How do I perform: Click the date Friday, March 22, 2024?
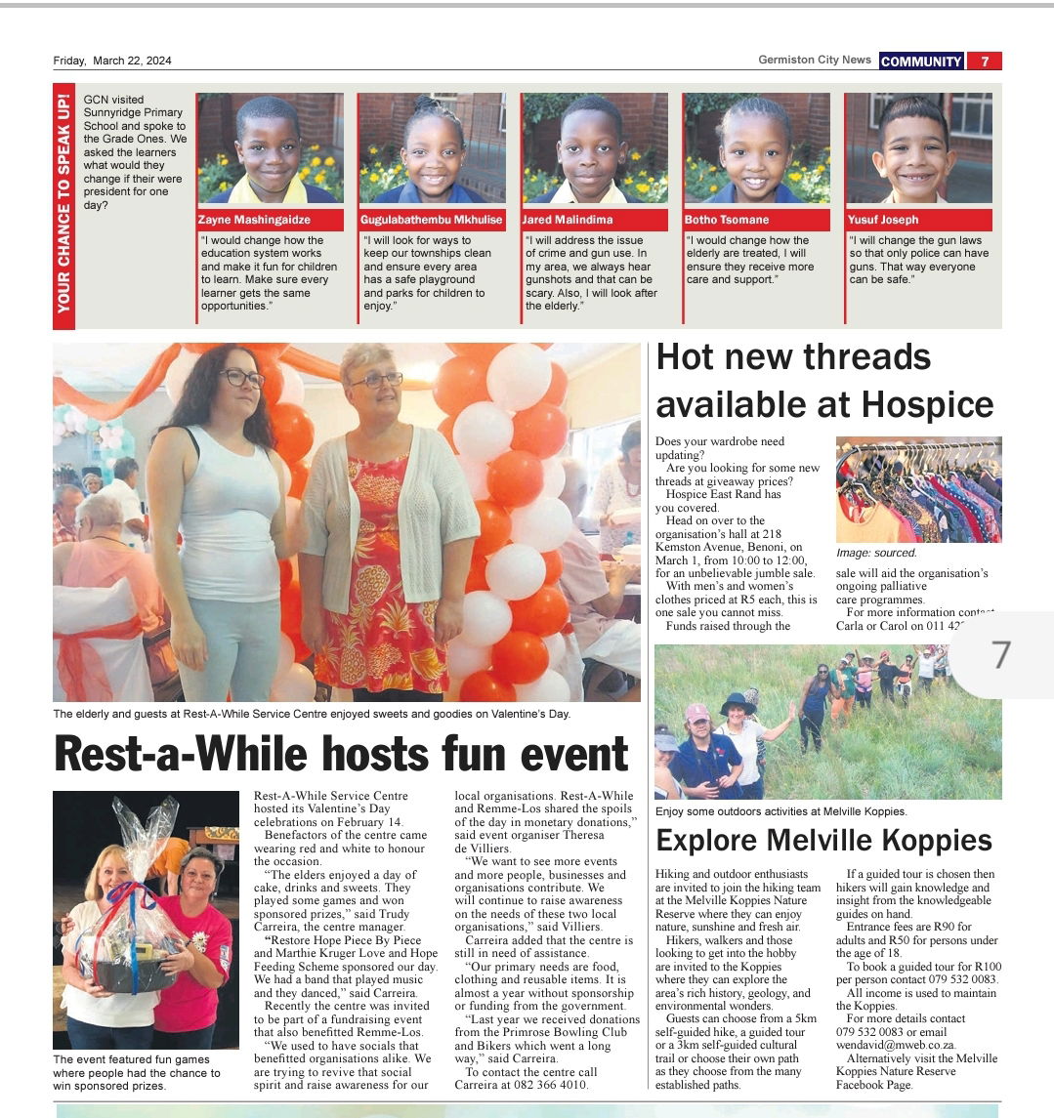pyautogui.click(x=112, y=61)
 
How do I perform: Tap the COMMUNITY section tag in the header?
pyautogui.click(x=921, y=61)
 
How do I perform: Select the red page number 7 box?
pyautogui.click(x=985, y=61)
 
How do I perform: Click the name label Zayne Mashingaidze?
pyautogui.click(x=255, y=220)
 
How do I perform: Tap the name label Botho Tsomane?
pyautogui.click(x=727, y=220)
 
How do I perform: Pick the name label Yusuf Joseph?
pyautogui.click(x=884, y=220)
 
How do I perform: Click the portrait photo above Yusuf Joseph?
pyautogui.click(x=918, y=147)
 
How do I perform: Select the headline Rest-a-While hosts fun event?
pyautogui.click(x=341, y=754)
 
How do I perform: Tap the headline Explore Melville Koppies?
pyautogui.click(x=823, y=841)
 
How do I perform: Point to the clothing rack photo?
pyautogui.click(x=918, y=489)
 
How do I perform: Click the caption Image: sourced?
pyautogui.click(x=876, y=553)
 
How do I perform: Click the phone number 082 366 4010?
pyautogui.click(x=547, y=1085)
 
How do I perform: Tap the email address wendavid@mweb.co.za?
pyautogui.click(x=892, y=1045)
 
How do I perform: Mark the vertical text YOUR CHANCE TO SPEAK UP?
pyautogui.click(x=63, y=204)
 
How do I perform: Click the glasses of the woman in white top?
pyautogui.click(x=240, y=378)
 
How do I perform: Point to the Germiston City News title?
pyautogui.click(x=815, y=61)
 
